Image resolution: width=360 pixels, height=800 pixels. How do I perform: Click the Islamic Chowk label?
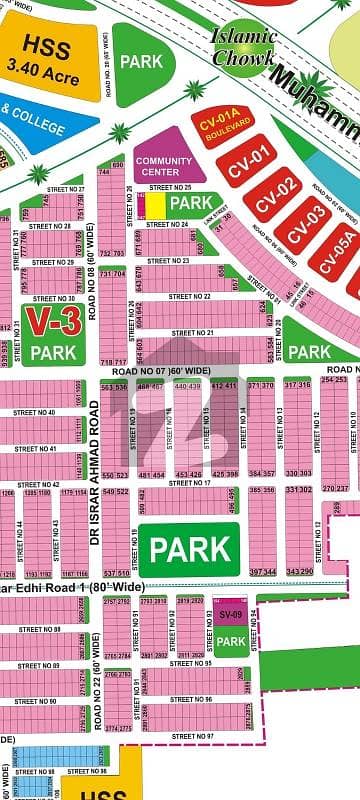244,47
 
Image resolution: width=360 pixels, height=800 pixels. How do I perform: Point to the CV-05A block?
335,245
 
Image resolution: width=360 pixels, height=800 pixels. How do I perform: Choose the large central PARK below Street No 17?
189,549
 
